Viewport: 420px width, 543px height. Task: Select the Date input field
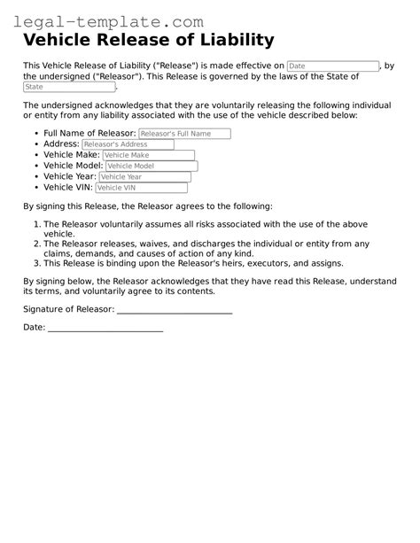[x=332, y=66]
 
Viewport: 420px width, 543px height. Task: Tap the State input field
[x=68, y=87]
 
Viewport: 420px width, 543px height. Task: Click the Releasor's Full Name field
[x=184, y=134]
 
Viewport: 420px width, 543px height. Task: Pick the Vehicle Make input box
[x=147, y=155]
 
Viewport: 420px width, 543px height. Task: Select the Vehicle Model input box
[x=151, y=166]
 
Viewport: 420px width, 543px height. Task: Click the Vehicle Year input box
[x=145, y=176]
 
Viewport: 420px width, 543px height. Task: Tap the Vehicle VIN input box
[x=141, y=188]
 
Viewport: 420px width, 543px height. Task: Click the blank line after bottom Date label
[x=105, y=329]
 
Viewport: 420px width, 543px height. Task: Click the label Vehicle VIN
[x=67, y=188]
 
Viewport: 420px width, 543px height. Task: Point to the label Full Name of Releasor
[x=89, y=134]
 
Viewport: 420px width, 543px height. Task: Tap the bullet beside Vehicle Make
[x=35, y=155]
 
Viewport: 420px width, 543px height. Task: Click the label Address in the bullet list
[x=60, y=144]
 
